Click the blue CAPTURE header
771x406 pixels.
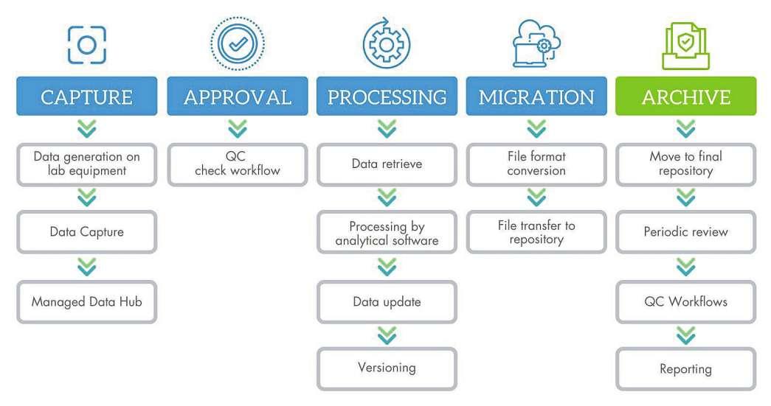86,97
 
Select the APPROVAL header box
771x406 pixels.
237,97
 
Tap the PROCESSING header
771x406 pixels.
387,97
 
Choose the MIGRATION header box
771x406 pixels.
536,97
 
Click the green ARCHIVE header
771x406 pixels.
685,97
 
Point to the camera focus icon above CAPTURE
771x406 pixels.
86,45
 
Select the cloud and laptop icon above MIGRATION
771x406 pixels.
537,45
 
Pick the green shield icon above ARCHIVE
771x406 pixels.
685,45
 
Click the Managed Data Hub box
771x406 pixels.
86,301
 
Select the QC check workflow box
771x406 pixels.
237,164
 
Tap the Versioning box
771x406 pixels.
387,368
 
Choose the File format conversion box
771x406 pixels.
536,164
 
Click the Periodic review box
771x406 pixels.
685,232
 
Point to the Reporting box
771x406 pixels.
685,368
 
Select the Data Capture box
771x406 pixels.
86,232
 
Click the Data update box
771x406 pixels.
387,301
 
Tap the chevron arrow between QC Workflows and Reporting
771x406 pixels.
685,335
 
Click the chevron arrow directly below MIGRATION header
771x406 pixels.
536,130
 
